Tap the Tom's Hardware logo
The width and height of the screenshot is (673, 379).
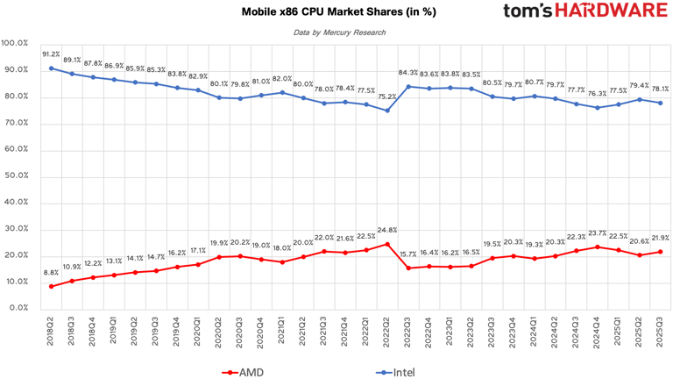coord(584,12)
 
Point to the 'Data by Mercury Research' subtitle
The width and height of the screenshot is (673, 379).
coord(337,33)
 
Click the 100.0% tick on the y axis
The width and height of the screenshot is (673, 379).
coord(15,43)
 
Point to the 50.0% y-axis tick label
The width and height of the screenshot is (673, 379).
coord(17,175)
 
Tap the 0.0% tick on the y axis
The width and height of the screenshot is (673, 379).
coord(18,308)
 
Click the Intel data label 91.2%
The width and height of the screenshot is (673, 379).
coord(51,54)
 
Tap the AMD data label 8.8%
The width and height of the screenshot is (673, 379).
coord(51,273)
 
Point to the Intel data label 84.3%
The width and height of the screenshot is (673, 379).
coord(408,73)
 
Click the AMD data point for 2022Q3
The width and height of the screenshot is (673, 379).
coord(408,268)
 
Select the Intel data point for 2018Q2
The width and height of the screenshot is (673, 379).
coord(52,68)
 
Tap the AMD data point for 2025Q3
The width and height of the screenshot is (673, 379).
coord(661,252)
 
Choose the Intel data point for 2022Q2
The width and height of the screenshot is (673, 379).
coord(387,110)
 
